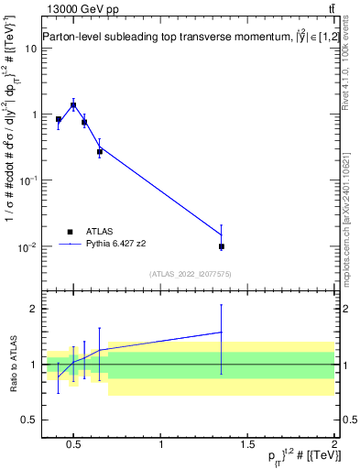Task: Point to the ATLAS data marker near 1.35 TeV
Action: [x=222, y=246]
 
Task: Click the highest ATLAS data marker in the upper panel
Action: [x=73, y=105]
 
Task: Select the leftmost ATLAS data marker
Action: [x=59, y=119]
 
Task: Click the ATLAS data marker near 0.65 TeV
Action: [x=99, y=151]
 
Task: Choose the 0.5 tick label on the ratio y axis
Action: [x=27, y=420]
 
